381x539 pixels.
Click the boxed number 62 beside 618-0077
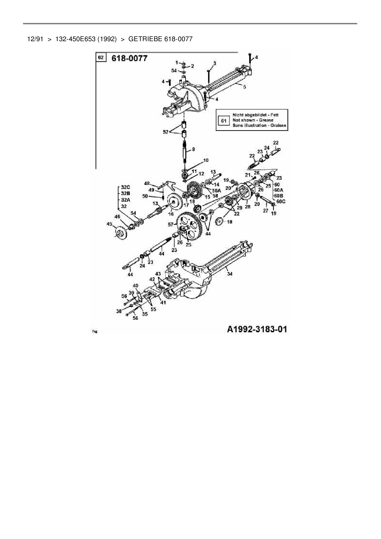point(101,58)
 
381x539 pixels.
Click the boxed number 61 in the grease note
point(224,120)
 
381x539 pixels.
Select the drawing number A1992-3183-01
point(257,329)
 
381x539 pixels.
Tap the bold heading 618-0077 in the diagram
point(129,58)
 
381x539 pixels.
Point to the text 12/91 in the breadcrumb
point(35,39)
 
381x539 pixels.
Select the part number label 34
point(230,274)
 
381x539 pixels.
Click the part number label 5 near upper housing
point(245,87)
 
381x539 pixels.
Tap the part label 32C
point(125,187)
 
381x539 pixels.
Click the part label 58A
point(217,191)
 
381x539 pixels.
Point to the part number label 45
point(109,224)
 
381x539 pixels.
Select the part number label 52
point(166,132)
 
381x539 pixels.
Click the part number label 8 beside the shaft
point(193,150)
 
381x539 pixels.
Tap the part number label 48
point(147,183)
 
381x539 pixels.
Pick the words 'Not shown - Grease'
point(253,120)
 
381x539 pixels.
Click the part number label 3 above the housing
point(214,63)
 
